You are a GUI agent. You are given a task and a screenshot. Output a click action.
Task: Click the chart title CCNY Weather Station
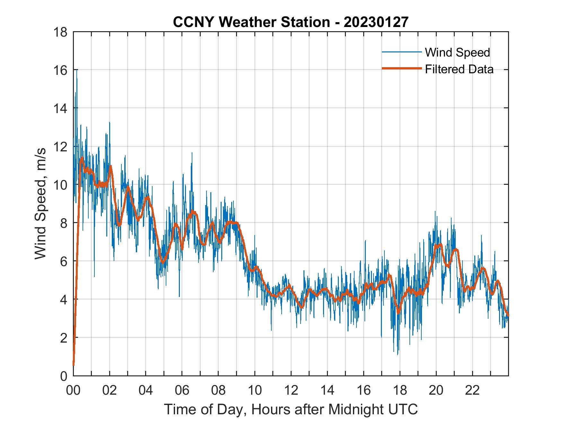pos(251,22)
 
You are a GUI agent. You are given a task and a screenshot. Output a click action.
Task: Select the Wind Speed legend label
pos(457,52)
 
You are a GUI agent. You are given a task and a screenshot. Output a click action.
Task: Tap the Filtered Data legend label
pos(459,69)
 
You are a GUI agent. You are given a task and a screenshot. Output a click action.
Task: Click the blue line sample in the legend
pos(401,52)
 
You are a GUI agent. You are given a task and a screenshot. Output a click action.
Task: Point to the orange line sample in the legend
pos(401,68)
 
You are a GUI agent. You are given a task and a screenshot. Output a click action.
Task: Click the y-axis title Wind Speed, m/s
pos(41,203)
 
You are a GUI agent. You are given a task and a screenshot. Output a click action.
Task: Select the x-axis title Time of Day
pos(291,409)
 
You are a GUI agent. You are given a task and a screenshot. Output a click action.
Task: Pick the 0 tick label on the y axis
pos(64,376)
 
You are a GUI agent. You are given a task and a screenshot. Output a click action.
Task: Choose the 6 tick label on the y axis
pos(64,261)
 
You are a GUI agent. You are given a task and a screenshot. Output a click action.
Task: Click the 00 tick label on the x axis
pos(73,391)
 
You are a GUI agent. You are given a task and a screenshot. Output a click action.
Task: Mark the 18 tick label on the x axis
pos(400,391)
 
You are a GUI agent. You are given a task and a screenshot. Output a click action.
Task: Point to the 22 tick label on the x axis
pos(472,391)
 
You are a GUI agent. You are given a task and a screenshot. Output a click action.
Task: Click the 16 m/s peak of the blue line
pos(77,70)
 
